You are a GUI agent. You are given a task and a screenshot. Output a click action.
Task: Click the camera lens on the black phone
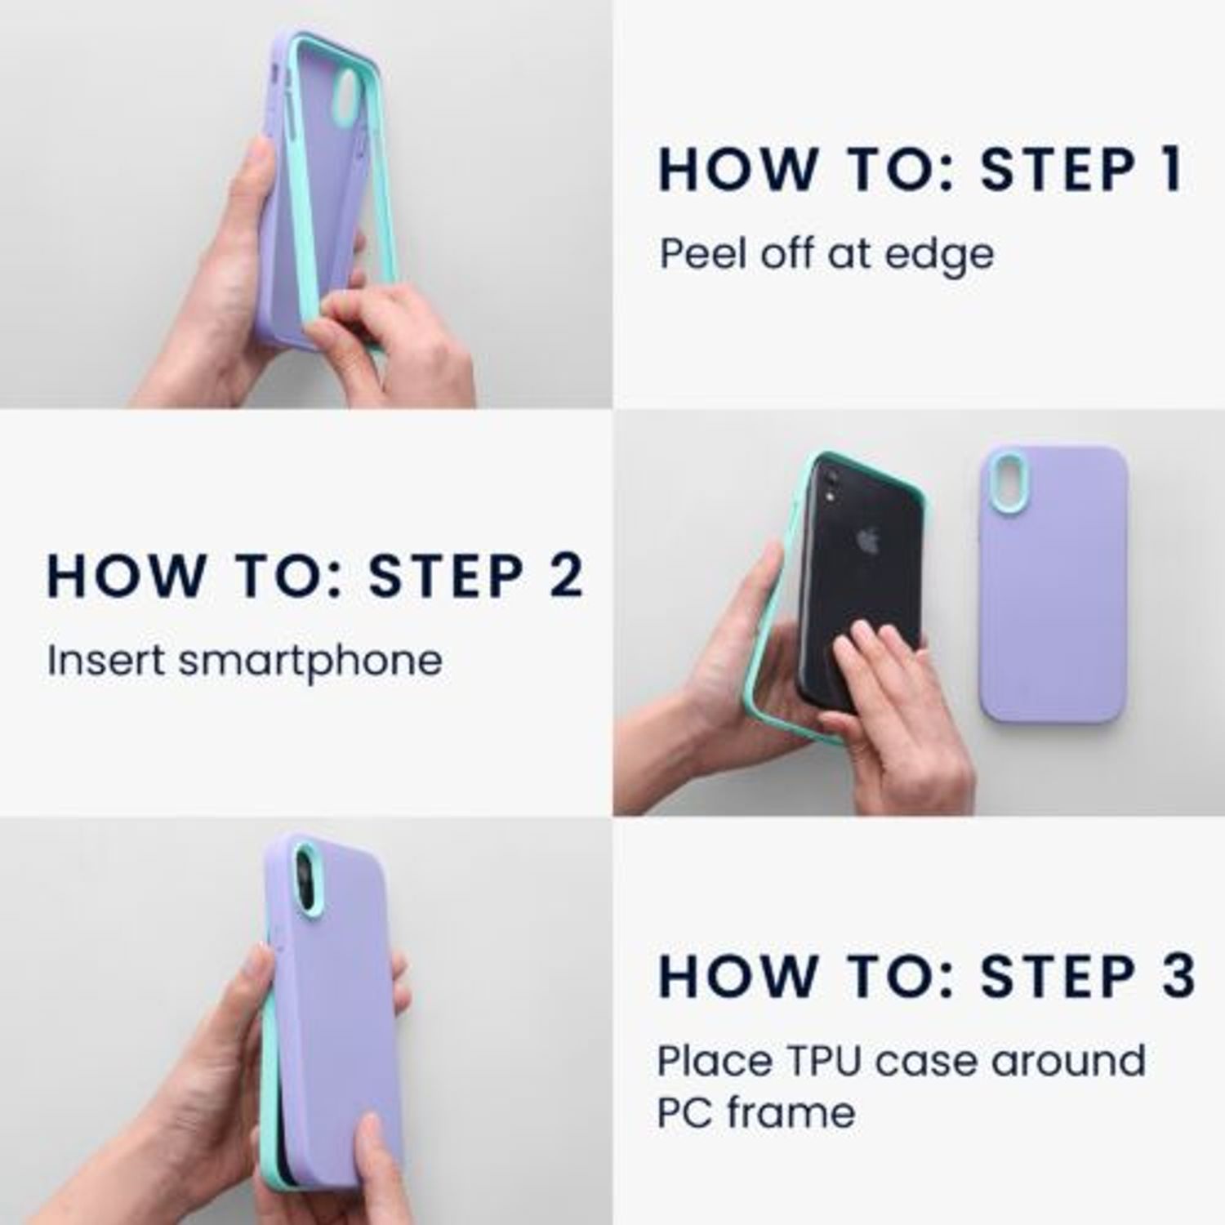tap(830, 485)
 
